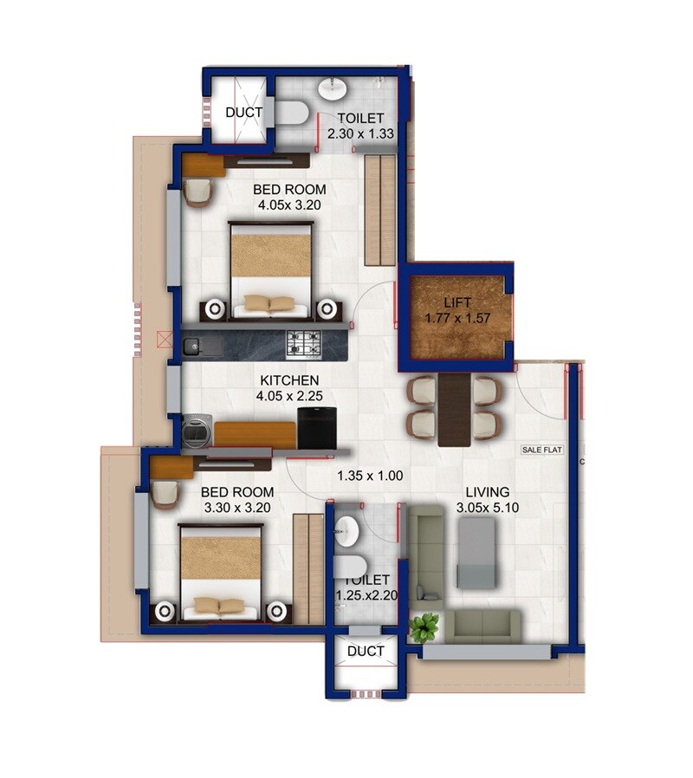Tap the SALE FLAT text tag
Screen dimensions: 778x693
click(x=541, y=450)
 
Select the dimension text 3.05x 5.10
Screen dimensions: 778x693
click(x=488, y=509)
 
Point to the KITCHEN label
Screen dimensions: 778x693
click(x=290, y=380)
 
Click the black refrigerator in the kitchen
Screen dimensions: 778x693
click(x=313, y=430)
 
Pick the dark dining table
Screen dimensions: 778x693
click(x=456, y=410)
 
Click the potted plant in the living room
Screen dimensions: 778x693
click(x=424, y=627)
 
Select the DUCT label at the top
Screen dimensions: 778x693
click(x=243, y=113)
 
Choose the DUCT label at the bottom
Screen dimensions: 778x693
click(x=365, y=652)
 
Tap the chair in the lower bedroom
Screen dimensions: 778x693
click(x=164, y=494)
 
